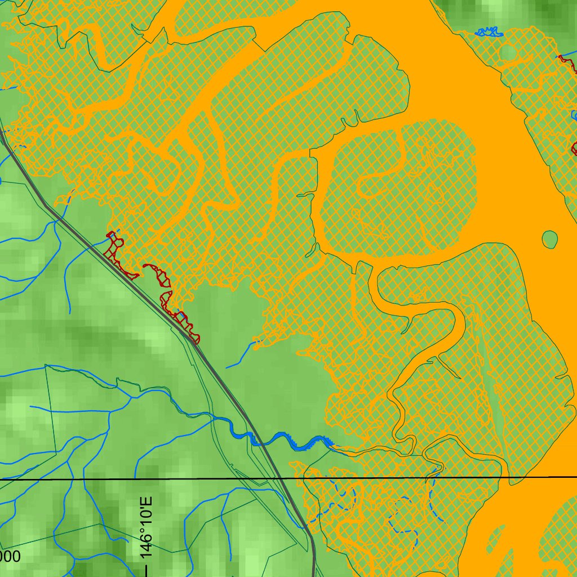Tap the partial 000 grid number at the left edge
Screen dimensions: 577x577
pos(10,557)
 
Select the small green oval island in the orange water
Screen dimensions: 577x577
pos(549,239)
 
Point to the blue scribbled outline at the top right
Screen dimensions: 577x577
pos(489,32)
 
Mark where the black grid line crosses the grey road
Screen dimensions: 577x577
pos(280,478)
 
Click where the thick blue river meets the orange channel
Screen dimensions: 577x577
pos(332,446)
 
